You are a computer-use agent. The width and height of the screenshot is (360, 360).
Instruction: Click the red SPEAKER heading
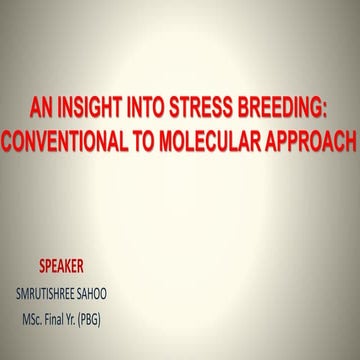[x=60, y=268]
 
